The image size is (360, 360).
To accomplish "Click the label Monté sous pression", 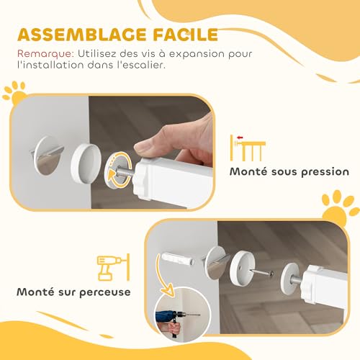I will pyautogui.click(x=289, y=172).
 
